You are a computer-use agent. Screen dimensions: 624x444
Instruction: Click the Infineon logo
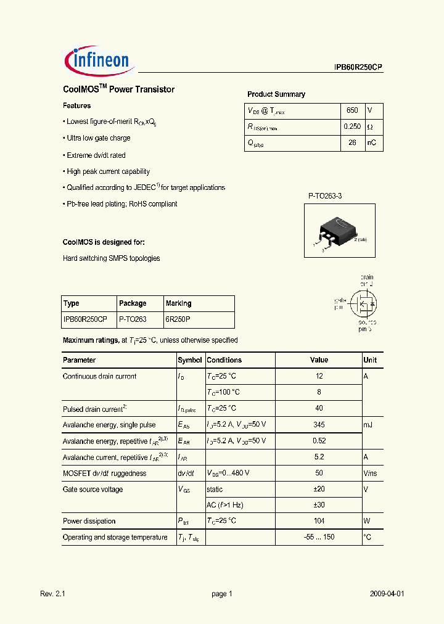pyautogui.click(x=97, y=59)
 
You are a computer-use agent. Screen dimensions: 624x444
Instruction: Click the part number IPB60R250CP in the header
pyautogui.click(x=355, y=68)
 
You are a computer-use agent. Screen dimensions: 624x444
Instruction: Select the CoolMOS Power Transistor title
pyautogui.click(x=118, y=89)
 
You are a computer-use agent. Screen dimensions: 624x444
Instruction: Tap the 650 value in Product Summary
pyautogui.click(x=352, y=110)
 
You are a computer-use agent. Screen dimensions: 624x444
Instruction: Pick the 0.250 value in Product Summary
pyautogui.click(x=352, y=126)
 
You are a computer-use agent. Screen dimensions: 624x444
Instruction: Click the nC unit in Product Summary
pyautogui.click(x=372, y=142)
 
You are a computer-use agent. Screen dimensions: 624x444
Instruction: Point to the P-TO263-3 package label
pyautogui.click(x=325, y=195)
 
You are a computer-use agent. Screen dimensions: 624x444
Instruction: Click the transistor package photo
pyautogui.click(x=339, y=231)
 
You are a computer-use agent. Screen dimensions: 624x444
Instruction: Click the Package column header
pyautogui.click(x=133, y=303)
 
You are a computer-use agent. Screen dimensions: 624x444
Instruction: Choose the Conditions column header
pyautogui.click(x=224, y=360)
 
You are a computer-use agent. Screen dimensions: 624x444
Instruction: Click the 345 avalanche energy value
pyautogui.click(x=319, y=425)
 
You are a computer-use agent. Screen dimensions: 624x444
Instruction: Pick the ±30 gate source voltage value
pyautogui.click(x=319, y=505)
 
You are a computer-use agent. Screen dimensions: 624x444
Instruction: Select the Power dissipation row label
pyautogui.click(x=89, y=521)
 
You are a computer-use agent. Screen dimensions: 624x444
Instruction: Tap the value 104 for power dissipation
pyautogui.click(x=319, y=521)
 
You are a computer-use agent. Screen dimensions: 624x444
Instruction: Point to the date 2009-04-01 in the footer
pyautogui.click(x=387, y=594)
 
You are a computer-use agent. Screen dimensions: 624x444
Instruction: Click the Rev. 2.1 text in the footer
pyautogui.click(x=52, y=594)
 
